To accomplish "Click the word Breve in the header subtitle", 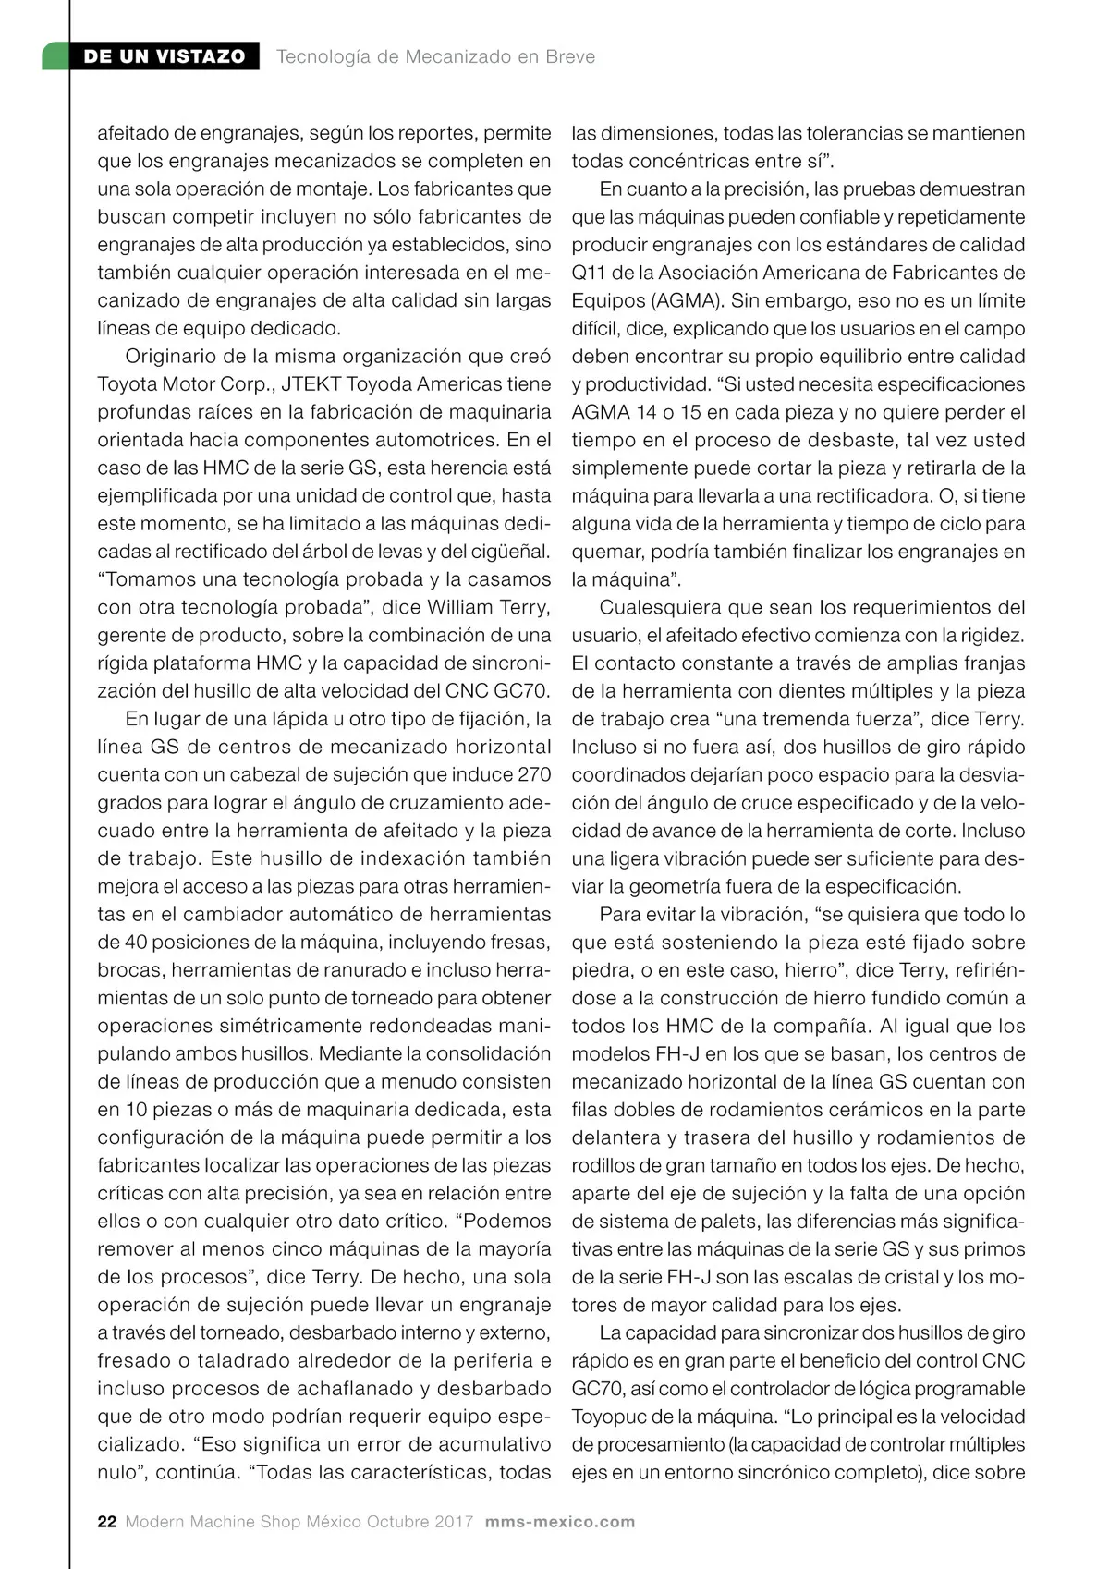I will coord(570,56).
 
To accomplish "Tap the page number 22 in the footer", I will coord(107,1522).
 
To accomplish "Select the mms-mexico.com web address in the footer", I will coord(560,1522).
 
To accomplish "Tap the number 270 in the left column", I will coord(533,775).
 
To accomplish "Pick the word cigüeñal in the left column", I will coord(513,552).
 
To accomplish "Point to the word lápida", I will coord(308,719).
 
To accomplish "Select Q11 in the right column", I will coord(587,274).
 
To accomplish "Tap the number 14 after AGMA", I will coord(643,412).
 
